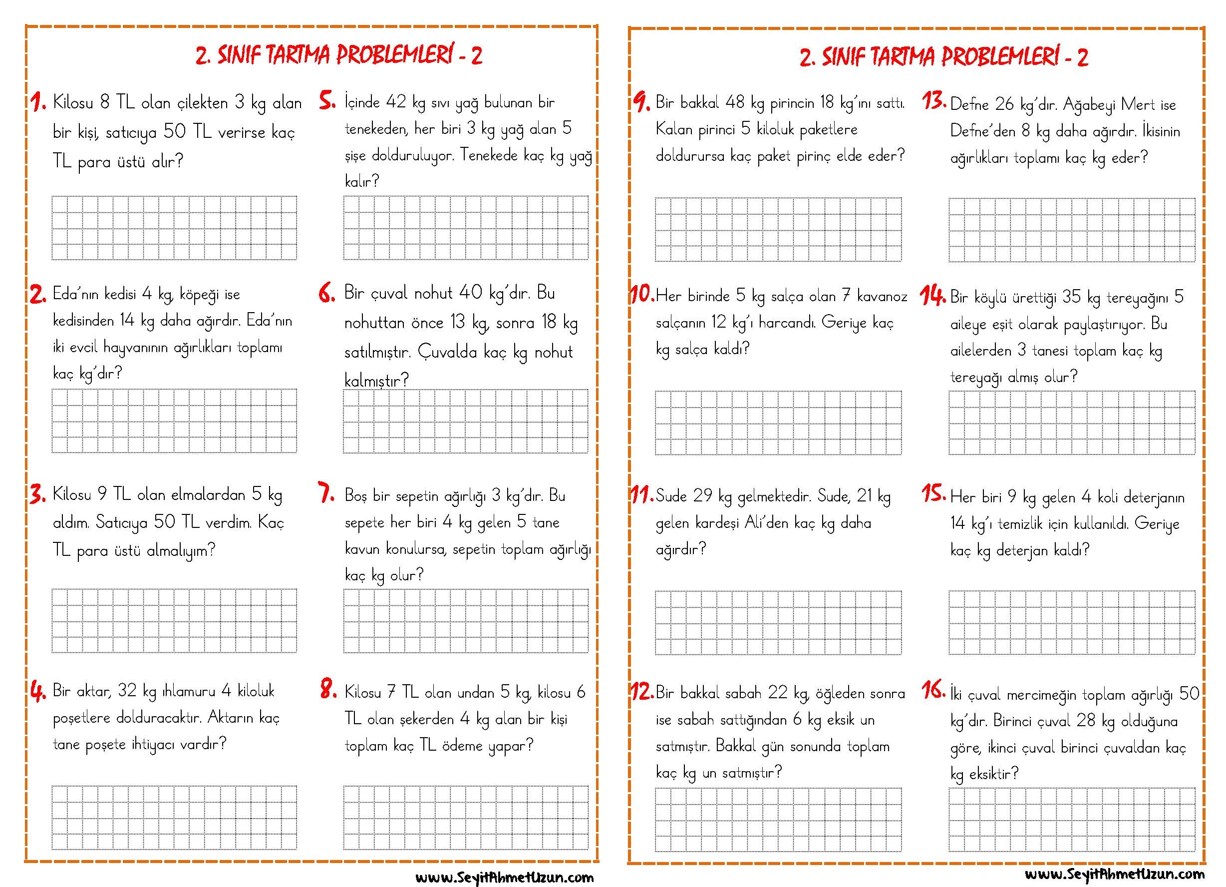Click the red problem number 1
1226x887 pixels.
click(x=38, y=102)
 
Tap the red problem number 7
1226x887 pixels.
click(x=327, y=493)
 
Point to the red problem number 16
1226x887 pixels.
click(x=933, y=690)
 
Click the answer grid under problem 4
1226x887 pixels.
click(x=175, y=817)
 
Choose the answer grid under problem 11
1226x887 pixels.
click(x=778, y=622)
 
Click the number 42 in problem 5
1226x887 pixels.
click(x=396, y=102)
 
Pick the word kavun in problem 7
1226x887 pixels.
click(x=362, y=549)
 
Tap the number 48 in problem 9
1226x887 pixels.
click(x=735, y=102)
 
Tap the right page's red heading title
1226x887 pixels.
click(x=944, y=56)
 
